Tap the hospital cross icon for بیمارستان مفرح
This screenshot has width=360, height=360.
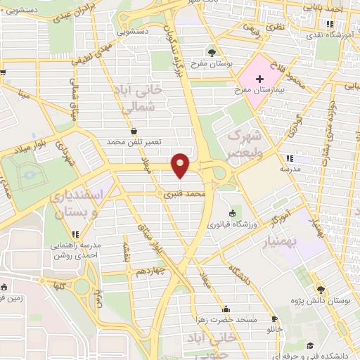pyautogui.click(x=259, y=79)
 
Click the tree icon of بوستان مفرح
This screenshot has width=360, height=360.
pyautogui.click(x=212, y=53)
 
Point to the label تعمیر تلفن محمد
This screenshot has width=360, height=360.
pyautogui.click(x=134, y=142)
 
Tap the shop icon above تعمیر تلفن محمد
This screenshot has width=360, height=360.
pyautogui.click(x=134, y=131)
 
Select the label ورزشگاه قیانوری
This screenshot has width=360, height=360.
pyautogui.click(x=232, y=224)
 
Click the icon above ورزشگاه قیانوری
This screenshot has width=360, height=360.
pyautogui.click(x=232, y=214)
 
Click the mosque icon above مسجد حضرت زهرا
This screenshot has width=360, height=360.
pyautogui.click(x=226, y=309)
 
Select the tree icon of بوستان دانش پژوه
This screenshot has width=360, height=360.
pyautogui.click(x=321, y=289)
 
